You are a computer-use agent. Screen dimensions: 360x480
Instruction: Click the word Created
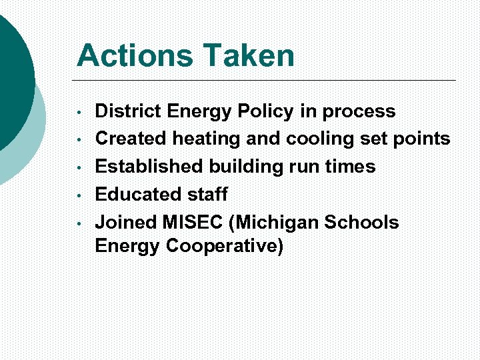pos(131,139)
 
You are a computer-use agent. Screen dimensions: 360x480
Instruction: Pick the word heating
pos(207,139)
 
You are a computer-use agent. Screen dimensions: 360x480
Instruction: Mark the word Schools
pos(361,223)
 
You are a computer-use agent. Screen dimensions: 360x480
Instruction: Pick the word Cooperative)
pos(225,247)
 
